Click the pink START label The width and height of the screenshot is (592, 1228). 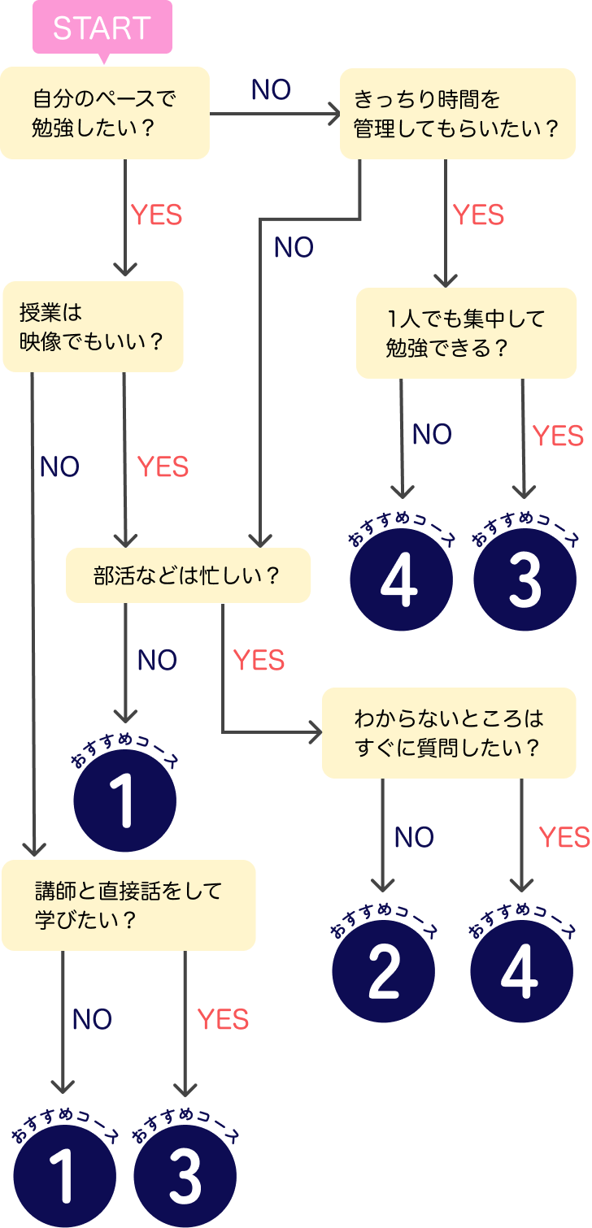pyautogui.click(x=102, y=28)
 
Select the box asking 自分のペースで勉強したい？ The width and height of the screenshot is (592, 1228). pyautogui.click(x=105, y=113)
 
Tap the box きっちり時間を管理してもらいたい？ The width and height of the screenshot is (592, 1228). pyautogui.click(x=458, y=113)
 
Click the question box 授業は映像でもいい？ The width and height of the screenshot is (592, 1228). pyautogui.click(x=93, y=326)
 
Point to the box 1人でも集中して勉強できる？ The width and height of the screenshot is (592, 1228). pyautogui.click(x=466, y=332)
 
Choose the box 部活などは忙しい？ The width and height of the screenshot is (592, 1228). pyautogui.click(x=188, y=575)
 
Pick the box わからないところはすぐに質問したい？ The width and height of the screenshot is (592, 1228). pyautogui.click(x=449, y=733)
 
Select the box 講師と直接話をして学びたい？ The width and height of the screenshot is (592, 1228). pyautogui.click(x=128, y=905)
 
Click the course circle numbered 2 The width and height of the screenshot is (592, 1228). pyautogui.click(x=384, y=972)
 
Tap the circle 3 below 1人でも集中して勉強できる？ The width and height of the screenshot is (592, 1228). pyautogui.click(x=525, y=579)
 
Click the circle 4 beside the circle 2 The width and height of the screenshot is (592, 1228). pyautogui.click(x=521, y=972)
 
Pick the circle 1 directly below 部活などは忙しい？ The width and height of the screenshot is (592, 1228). pyautogui.click(x=124, y=801)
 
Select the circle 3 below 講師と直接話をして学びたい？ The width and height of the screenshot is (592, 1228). pyautogui.click(x=185, y=1177)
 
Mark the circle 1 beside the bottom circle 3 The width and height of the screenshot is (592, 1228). pyautogui.click(x=64, y=1177)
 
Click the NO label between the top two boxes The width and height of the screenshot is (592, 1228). pyautogui.click(x=271, y=90)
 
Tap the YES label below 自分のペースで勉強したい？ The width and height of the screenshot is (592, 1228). pyautogui.click(x=157, y=215)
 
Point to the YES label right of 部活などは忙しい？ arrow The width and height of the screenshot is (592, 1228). pyautogui.click(x=259, y=661)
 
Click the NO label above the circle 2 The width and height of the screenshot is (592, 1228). pyautogui.click(x=414, y=837)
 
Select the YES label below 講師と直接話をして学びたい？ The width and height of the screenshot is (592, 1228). pyautogui.click(x=223, y=1019)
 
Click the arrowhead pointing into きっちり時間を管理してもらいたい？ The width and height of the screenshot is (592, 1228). pyautogui.click(x=333, y=115)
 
